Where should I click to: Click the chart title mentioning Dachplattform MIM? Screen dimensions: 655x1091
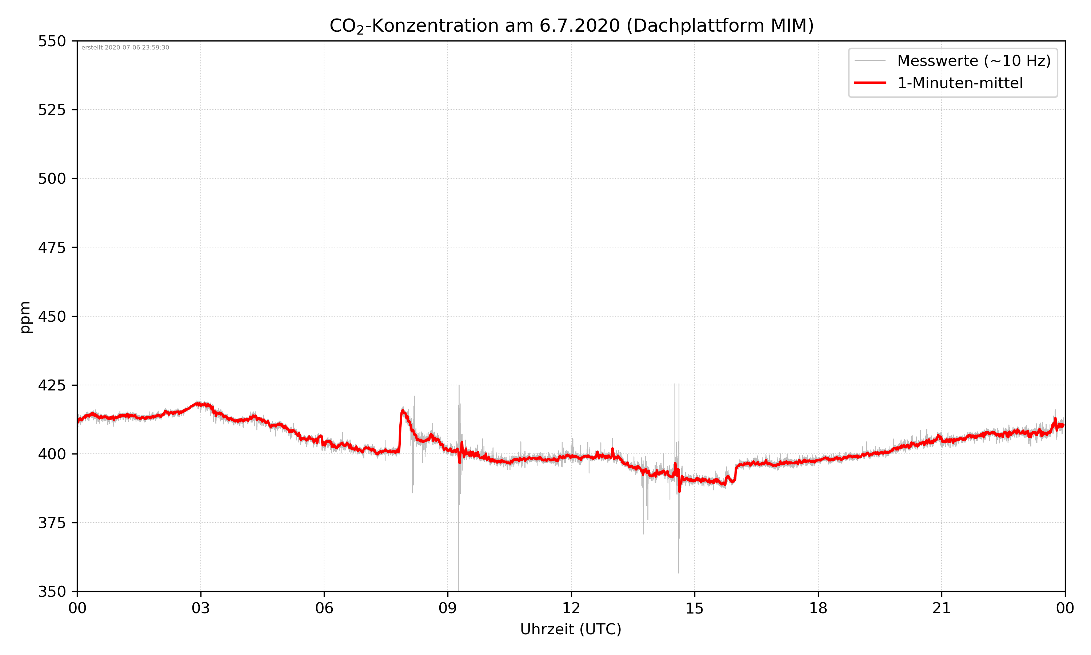tap(571, 25)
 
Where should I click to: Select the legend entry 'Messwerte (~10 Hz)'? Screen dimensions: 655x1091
tap(974, 61)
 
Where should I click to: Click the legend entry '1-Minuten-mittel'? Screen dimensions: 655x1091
tap(960, 83)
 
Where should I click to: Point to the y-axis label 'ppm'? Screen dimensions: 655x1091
tap(25, 317)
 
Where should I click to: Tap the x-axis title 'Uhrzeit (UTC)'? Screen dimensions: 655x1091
tap(571, 629)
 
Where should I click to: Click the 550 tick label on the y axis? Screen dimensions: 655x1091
tap(52, 41)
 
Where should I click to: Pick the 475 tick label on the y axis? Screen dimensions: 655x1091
tap(52, 247)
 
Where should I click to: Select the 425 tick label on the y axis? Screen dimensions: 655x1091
tap(52, 385)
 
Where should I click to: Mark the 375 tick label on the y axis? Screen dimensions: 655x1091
tap(52, 523)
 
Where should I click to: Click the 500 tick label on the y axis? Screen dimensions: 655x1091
tap(52, 179)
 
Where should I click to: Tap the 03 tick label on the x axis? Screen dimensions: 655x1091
tap(201, 608)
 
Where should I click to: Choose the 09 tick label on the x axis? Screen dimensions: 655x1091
tap(448, 608)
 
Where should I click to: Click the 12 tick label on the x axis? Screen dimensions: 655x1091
tap(571, 608)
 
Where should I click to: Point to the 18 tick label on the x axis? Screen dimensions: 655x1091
tap(818, 608)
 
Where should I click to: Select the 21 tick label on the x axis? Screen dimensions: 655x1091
tap(942, 608)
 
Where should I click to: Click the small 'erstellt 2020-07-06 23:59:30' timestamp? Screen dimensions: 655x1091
tap(125, 48)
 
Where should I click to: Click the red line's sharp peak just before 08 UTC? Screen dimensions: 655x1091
tap(402, 410)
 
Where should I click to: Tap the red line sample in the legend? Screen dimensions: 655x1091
tap(870, 83)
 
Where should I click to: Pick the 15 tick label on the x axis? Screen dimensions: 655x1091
tap(695, 608)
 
